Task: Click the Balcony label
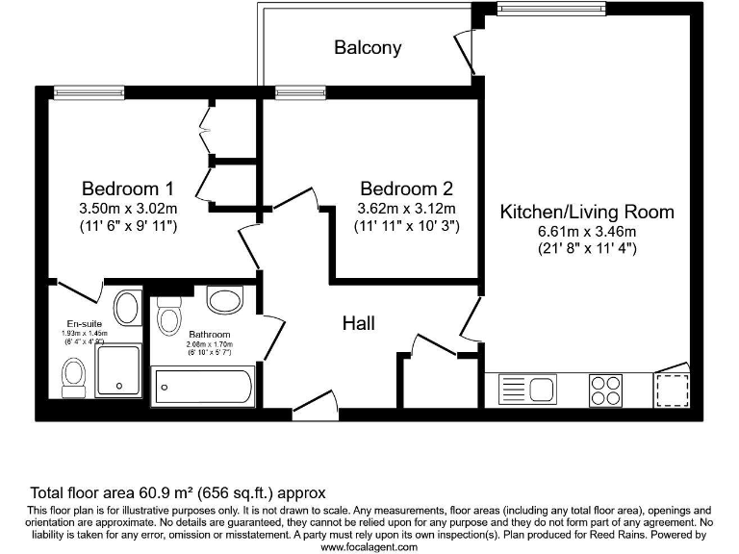(368, 47)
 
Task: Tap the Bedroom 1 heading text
(127, 189)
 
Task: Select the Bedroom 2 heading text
(405, 189)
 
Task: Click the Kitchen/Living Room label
(587, 212)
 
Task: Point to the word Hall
(359, 324)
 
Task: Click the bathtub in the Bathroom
(204, 389)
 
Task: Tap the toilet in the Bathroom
(170, 317)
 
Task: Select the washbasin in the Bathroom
(225, 301)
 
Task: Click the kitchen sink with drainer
(527, 390)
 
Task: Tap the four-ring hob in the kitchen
(605, 390)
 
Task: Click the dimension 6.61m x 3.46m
(587, 231)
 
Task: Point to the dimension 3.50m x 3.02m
(127, 208)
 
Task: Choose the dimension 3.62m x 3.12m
(405, 208)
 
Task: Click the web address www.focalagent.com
(369, 546)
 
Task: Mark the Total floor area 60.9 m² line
(178, 491)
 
